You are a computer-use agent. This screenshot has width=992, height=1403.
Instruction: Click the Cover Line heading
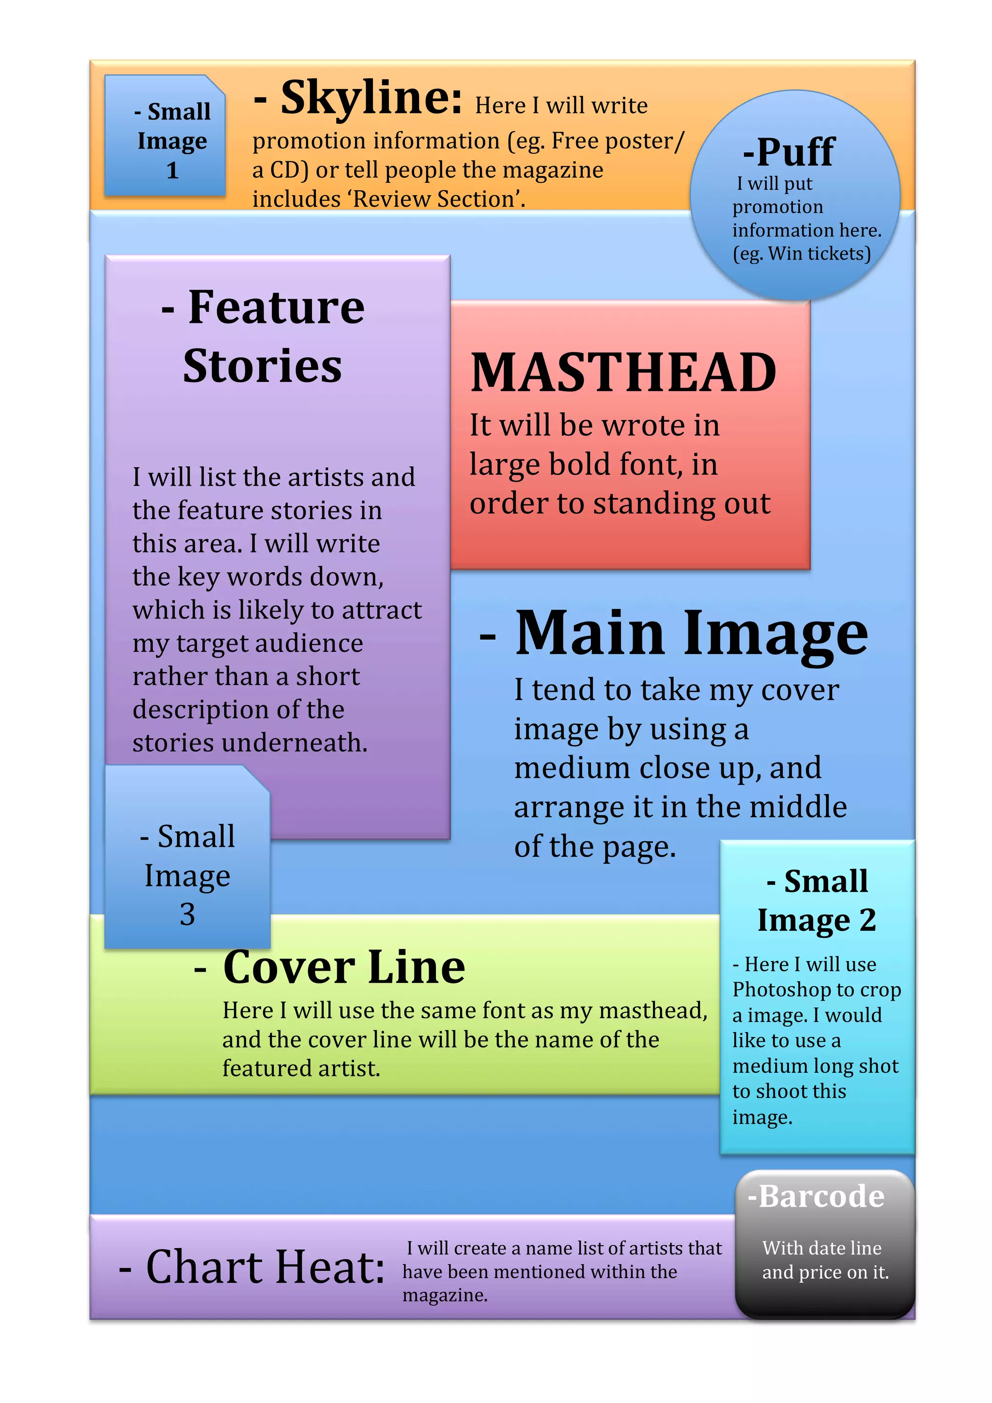tap(343, 967)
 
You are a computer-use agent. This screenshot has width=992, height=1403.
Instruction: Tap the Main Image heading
tap(691, 634)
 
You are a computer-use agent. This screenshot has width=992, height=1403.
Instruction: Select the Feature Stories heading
tap(263, 336)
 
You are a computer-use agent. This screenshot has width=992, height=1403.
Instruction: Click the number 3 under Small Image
tap(187, 914)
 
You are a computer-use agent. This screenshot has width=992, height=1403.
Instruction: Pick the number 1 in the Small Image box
tap(172, 170)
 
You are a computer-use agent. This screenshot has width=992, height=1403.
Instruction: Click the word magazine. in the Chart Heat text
tap(445, 1295)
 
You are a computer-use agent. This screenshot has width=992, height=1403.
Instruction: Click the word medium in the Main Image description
tap(572, 768)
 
